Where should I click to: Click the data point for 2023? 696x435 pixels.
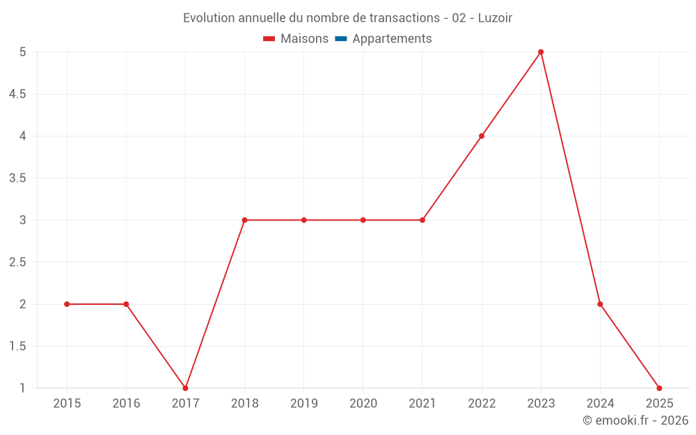541,52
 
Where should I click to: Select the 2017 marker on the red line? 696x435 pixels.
185,388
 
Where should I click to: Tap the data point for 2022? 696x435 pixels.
482,136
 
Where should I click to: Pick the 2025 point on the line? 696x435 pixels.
659,388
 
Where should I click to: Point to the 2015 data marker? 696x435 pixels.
67,304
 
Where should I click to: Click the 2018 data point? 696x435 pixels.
244,220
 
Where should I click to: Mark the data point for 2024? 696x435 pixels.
600,304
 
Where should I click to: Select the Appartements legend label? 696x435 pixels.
392,39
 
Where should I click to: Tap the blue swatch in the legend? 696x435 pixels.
340,39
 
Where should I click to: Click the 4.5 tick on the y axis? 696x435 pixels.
17,94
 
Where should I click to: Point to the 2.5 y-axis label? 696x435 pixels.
17,262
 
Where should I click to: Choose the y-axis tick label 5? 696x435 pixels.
22,52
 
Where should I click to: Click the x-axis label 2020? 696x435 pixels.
363,403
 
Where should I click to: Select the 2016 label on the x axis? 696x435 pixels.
126,403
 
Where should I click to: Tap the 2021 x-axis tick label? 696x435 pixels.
422,403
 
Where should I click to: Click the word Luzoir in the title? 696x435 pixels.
495,18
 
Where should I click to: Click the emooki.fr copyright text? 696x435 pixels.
635,420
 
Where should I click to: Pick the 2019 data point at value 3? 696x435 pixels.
303,220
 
